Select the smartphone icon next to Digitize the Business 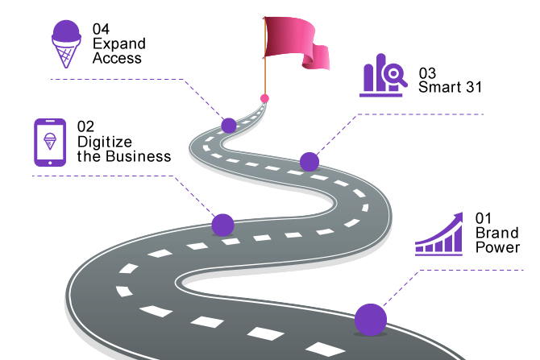[x=50, y=142]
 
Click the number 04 [x=101, y=29]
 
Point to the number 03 [x=427, y=73]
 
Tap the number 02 [x=85, y=126]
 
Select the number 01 [x=483, y=218]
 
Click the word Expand [x=118, y=43]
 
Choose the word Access [x=117, y=58]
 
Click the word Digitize [x=104, y=141]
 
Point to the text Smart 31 [x=450, y=88]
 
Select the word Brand [x=496, y=233]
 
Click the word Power [x=497, y=247]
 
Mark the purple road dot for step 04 [x=229, y=125]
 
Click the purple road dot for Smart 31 [x=309, y=162]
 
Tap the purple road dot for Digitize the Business [x=222, y=225]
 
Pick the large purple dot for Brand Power [x=371, y=319]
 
